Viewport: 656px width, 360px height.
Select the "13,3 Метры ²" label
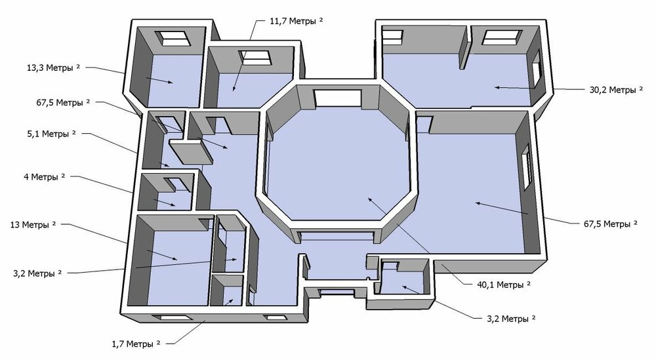point(53,68)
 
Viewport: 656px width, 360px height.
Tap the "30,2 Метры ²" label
point(616,89)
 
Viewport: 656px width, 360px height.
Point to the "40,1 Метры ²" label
point(504,285)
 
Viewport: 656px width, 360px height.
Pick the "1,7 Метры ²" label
point(136,344)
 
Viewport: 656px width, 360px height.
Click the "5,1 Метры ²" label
point(51,134)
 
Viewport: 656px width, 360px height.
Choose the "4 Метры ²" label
point(45,177)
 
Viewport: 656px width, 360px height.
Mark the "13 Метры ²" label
point(33,224)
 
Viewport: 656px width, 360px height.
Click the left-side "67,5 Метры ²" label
point(63,102)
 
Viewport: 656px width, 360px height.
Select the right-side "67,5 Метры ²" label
point(610,224)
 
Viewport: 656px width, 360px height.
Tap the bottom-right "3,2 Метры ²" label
point(511,319)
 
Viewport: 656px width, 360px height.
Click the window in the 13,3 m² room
point(173,39)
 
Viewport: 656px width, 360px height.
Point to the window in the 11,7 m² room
point(255,58)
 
